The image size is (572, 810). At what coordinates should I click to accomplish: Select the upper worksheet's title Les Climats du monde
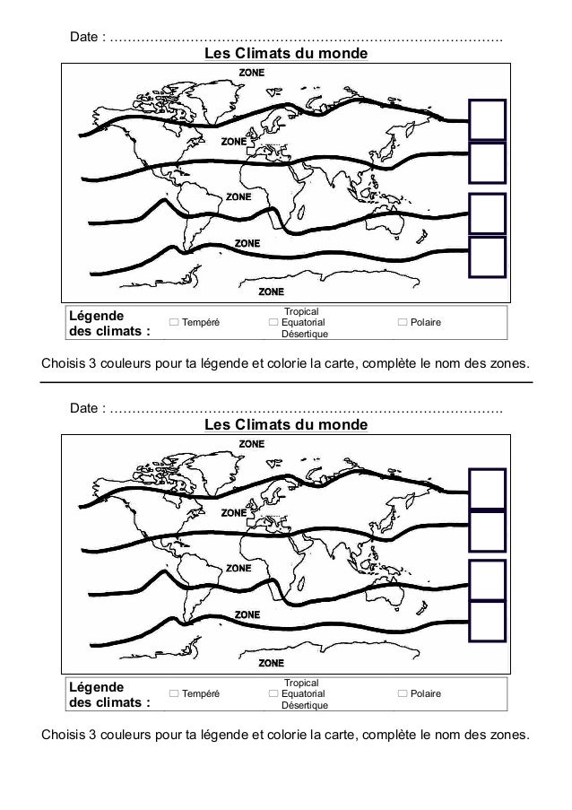point(286,55)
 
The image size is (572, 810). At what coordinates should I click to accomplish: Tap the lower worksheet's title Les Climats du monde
point(286,424)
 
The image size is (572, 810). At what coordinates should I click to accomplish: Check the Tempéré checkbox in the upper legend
point(174,322)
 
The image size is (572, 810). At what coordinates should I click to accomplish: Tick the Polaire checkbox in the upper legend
point(402,322)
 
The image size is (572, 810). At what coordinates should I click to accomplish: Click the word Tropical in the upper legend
point(301,310)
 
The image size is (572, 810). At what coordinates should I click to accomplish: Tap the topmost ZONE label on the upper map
point(250,73)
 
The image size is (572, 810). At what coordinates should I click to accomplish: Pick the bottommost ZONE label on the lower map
point(271,664)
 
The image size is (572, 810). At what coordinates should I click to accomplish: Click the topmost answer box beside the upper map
point(488,119)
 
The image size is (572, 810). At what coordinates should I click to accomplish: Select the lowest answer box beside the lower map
point(488,624)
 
